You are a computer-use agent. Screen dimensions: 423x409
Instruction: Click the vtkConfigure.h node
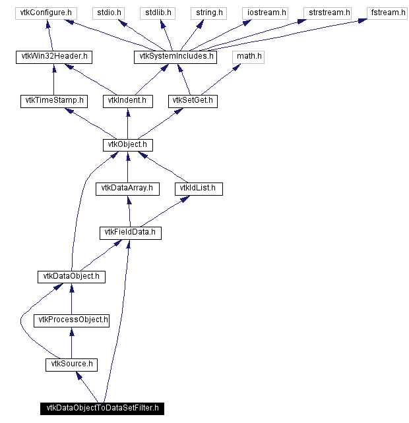pos(44,13)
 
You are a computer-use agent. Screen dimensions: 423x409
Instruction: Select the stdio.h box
pos(105,13)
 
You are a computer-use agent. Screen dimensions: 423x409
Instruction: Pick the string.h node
pos(208,13)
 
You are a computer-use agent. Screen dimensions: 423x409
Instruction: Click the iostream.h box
pos(267,13)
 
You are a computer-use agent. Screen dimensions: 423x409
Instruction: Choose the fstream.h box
pos(387,13)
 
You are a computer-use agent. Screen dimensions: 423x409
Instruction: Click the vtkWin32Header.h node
pos(53,57)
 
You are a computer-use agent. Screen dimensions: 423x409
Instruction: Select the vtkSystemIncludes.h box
pos(176,57)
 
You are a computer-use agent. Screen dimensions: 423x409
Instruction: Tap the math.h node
pos(249,57)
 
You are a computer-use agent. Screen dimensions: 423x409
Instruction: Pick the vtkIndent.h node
pos(128,101)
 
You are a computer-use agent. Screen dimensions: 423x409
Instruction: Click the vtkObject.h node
pos(127,144)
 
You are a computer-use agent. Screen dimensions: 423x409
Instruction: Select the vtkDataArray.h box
pos(127,188)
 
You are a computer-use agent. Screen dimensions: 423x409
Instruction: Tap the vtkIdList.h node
pos(199,188)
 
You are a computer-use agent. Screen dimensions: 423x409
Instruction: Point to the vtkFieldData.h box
pos(131,232)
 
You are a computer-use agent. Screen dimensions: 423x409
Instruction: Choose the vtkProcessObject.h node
pos(71,320)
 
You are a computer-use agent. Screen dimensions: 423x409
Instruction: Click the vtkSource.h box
pos(71,364)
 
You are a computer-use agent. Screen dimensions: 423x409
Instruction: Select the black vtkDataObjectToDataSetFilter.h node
pos(102,409)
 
